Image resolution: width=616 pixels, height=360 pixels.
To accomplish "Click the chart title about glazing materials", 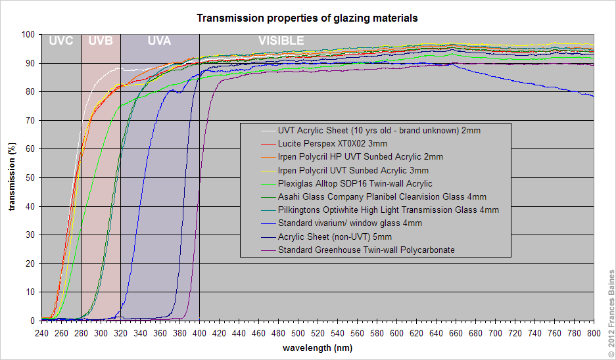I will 307,18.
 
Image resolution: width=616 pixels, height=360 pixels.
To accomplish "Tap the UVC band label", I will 61,41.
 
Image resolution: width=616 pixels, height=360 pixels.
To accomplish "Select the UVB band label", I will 101,41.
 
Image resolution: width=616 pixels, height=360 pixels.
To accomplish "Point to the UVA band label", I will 159,41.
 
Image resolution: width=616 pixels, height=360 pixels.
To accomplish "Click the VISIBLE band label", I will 281,41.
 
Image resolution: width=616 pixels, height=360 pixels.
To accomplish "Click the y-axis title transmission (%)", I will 12,177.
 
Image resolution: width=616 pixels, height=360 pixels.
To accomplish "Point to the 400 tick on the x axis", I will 199,334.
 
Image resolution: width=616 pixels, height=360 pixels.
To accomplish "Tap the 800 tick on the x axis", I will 594,334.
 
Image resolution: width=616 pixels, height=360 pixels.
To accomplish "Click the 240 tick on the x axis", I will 41,334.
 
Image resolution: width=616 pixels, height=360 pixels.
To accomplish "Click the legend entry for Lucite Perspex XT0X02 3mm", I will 332,143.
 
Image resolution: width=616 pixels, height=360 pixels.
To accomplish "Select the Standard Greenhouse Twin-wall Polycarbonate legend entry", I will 366,250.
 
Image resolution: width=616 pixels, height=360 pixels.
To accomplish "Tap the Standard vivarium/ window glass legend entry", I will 350,223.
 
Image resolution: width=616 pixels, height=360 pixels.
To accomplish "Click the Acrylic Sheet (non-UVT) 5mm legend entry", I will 335,236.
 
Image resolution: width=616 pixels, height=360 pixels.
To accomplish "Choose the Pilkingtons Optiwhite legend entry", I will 388,210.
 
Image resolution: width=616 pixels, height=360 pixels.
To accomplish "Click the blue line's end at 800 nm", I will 594,97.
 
